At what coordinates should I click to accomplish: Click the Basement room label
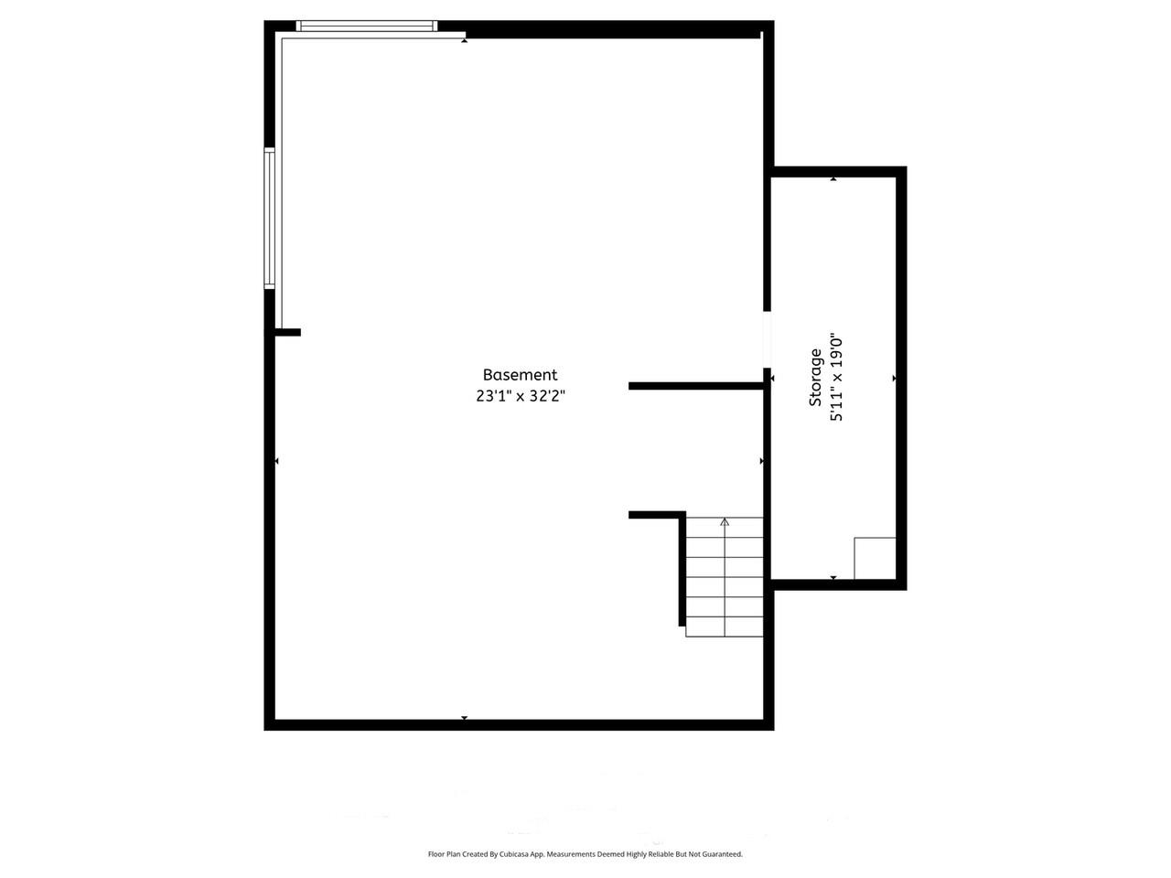click(520, 375)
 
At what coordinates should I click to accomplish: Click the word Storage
click(815, 378)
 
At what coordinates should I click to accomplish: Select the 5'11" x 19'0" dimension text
click(835, 378)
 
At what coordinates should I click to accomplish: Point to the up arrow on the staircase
click(725, 522)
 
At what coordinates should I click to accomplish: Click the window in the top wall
click(368, 27)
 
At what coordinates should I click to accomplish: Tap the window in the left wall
click(270, 218)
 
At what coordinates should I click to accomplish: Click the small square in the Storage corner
click(875, 558)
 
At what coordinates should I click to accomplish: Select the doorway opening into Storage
click(768, 339)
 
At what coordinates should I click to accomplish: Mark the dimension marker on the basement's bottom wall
click(465, 718)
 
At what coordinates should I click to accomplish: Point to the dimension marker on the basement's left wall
click(277, 461)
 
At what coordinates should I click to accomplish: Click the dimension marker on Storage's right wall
click(894, 378)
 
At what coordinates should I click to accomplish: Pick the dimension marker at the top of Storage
click(833, 179)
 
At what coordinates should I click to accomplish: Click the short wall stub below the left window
click(287, 332)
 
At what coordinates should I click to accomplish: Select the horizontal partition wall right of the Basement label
click(695, 386)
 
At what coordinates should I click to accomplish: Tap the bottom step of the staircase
click(725, 626)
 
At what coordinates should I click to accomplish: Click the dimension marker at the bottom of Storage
click(833, 577)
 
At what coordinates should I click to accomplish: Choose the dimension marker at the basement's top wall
click(465, 40)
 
